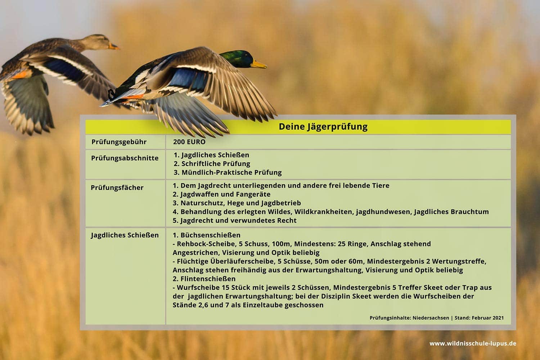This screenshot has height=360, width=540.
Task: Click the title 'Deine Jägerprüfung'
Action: point(323,127)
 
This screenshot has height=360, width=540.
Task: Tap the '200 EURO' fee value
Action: point(189,142)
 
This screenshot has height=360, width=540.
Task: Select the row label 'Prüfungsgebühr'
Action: point(119,142)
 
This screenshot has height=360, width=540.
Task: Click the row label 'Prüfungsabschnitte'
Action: point(125,158)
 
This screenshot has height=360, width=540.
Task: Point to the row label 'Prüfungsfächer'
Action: point(117,188)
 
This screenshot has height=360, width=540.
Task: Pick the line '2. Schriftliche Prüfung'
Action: point(212,164)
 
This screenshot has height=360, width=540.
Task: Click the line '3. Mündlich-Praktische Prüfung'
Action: point(228,172)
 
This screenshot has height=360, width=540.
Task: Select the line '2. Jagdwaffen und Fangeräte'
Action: point(221,194)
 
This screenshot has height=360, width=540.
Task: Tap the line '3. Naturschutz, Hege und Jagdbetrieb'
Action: point(237,203)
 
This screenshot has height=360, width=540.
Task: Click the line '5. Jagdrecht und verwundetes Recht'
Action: point(235,220)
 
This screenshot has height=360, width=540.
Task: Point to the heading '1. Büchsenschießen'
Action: point(207,235)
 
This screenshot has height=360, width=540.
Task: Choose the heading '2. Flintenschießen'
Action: point(204,279)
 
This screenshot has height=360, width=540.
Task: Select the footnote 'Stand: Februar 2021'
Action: point(479,318)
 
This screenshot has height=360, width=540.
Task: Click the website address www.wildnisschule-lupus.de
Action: point(473,343)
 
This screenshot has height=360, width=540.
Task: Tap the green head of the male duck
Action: point(237,59)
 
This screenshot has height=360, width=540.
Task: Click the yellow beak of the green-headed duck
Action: point(259,64)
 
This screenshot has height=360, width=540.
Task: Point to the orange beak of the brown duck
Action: point(113,46)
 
